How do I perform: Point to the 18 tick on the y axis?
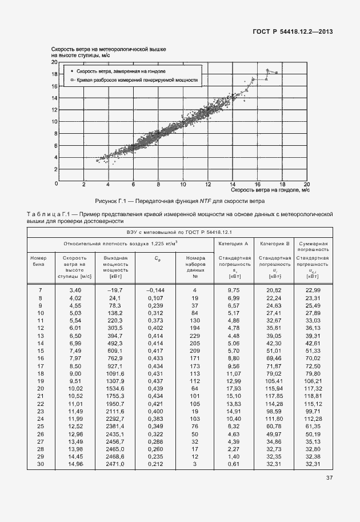click(x=54, y=74)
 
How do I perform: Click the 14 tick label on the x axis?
click(x=233, y=185)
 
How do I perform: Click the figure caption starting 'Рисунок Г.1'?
click(x=179, y=201)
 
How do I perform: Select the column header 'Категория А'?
click(x=233, y=244)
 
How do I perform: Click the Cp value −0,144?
click(x=155, y=290)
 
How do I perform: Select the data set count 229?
click(x=195, y=335)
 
